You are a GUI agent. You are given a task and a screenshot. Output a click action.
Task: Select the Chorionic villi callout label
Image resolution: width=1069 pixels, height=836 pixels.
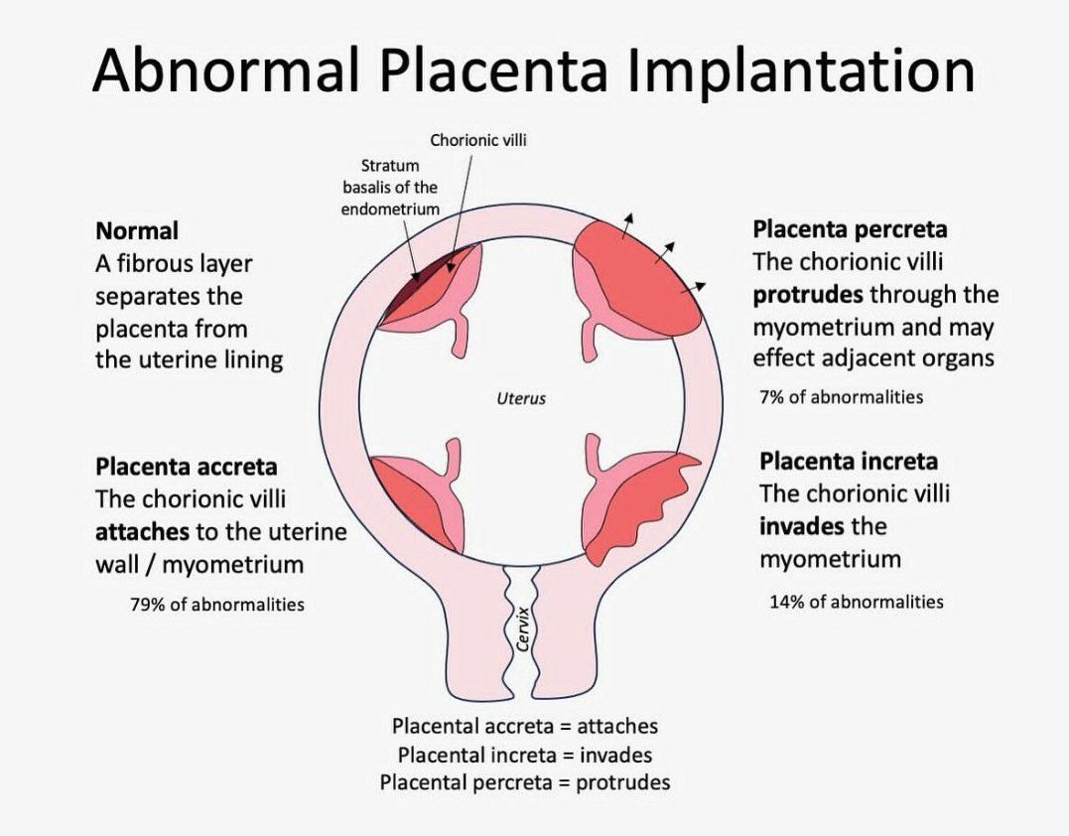point(477,140)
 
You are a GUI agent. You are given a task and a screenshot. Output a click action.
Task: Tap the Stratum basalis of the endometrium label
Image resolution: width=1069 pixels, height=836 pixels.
point(390,187)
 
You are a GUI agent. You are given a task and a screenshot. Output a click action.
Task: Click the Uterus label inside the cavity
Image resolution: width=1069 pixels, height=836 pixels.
point(521,398)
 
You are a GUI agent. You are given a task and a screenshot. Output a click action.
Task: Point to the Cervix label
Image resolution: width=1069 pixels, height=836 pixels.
point(524,629)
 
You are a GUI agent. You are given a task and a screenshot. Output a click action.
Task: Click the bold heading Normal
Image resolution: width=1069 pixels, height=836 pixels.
point(137,230)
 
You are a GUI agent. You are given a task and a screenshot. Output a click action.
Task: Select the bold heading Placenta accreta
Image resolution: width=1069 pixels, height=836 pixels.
point(187,467)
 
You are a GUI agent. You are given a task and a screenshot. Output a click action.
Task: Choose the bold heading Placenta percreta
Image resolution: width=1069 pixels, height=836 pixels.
point(851,229)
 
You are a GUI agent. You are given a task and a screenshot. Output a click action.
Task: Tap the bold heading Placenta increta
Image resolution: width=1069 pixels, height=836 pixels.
point(849,462)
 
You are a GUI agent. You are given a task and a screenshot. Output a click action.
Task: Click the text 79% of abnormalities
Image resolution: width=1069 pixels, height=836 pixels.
point(217,604)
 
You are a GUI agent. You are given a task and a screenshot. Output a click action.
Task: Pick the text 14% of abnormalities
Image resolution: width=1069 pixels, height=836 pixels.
point(857,602)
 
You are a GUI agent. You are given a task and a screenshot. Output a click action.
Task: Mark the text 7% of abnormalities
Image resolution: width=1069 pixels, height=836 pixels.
point(842,397)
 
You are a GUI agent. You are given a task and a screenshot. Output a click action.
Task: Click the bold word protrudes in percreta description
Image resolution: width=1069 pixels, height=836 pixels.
point(808,295)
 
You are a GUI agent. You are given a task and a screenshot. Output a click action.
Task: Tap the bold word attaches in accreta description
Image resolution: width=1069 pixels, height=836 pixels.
point(142,532)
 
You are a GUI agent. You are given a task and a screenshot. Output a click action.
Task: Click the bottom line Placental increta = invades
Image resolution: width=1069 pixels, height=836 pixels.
point(525,755)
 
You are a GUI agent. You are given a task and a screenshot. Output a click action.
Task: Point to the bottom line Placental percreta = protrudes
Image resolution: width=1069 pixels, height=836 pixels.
point(525,782)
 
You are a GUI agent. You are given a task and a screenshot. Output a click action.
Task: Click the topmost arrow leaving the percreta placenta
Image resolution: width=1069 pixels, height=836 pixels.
point(627,225)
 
